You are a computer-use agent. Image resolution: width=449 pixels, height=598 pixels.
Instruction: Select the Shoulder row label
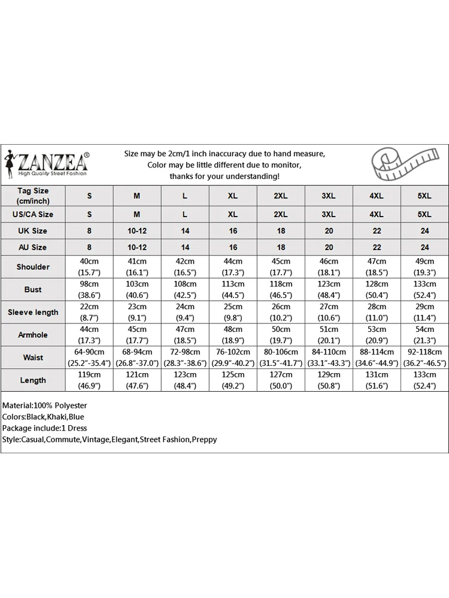pos(33,267)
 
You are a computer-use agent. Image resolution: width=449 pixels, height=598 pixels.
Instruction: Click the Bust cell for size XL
pos(233,289)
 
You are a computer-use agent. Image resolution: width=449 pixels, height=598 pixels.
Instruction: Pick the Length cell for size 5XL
pos(424,380)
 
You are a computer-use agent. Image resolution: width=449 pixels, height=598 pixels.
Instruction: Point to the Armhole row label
pos(33,335)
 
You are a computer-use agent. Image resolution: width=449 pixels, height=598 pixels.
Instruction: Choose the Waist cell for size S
pos(89,358)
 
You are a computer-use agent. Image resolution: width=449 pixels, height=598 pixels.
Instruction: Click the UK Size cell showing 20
pos(329,231)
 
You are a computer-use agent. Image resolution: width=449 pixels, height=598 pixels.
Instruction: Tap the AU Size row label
pos(33,247)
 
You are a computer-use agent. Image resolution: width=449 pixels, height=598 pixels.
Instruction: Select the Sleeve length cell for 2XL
pos(281,312)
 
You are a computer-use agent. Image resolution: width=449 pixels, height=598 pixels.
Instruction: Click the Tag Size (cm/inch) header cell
pos(33,196)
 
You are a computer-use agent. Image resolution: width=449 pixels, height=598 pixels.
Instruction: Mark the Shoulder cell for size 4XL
pos(377,267)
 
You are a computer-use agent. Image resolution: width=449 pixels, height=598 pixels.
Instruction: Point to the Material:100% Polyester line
pos(44,405)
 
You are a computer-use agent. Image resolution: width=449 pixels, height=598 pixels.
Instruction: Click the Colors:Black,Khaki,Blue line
pos(43,417)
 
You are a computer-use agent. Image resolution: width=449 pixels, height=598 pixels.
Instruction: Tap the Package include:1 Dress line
pos(44,428)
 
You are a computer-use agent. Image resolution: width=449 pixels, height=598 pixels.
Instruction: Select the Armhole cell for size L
pos(185,335)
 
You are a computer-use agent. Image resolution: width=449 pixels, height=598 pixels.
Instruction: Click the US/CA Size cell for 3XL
pos(329,214)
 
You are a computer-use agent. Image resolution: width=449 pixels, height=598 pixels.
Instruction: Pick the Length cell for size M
pos(137,380)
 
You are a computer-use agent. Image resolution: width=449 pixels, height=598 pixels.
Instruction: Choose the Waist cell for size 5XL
pos(424,358)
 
